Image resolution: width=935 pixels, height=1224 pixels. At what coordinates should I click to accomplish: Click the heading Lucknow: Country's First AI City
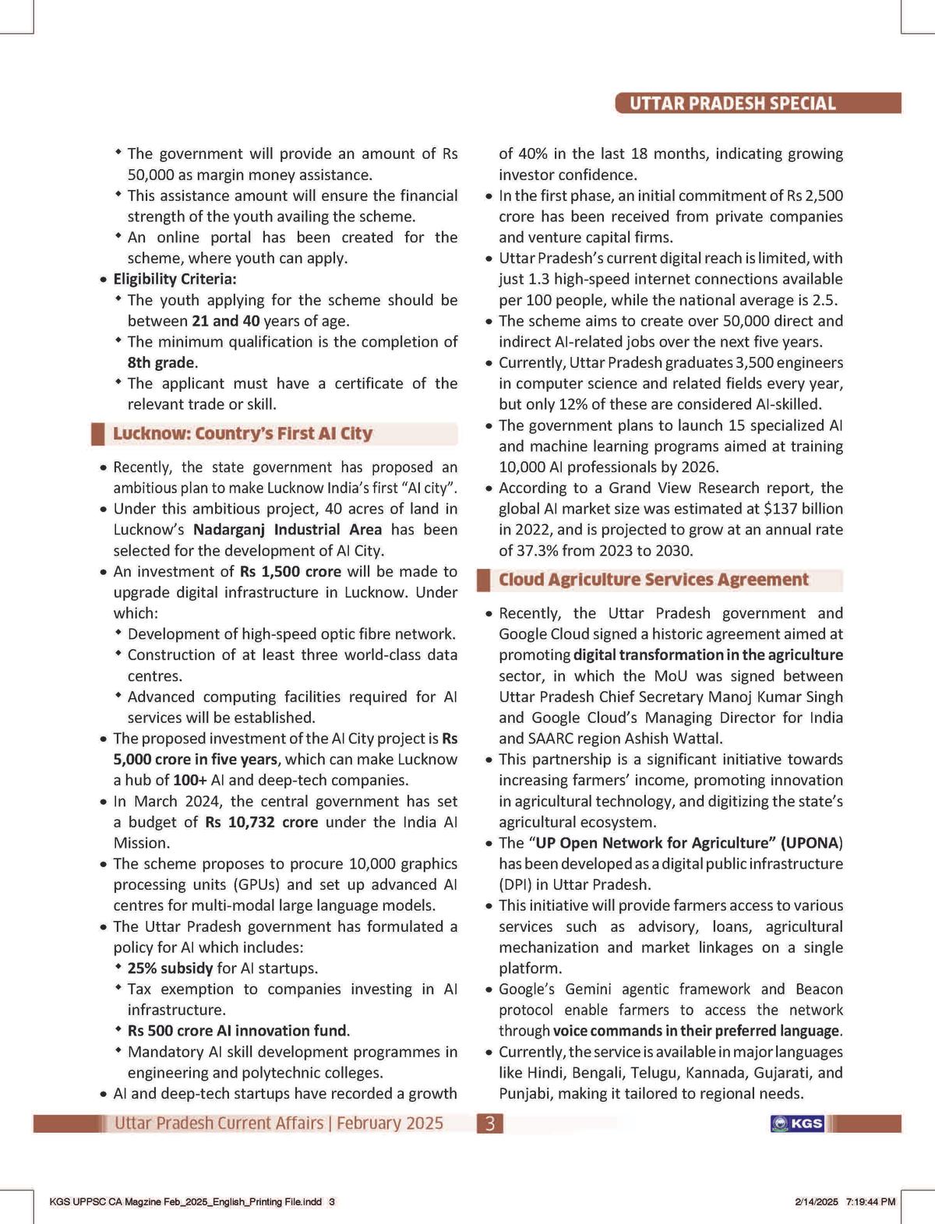(242, 434)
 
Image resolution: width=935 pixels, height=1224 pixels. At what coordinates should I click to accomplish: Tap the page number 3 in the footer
(489, 1123)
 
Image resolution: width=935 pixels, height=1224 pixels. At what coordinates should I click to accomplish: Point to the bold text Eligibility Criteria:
(175, 279)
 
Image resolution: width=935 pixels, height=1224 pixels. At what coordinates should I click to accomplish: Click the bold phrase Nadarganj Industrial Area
(288, 530)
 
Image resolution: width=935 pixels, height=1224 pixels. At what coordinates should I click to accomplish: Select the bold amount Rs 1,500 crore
(290, 571)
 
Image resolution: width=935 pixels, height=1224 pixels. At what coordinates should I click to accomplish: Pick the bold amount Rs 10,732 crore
(261, 822)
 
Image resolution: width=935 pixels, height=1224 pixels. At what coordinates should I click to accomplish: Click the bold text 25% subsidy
(170, 968)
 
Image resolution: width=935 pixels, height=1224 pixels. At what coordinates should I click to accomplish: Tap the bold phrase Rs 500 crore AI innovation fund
(238, 1031)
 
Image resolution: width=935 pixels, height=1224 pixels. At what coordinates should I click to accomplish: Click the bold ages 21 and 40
(225, 321)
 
